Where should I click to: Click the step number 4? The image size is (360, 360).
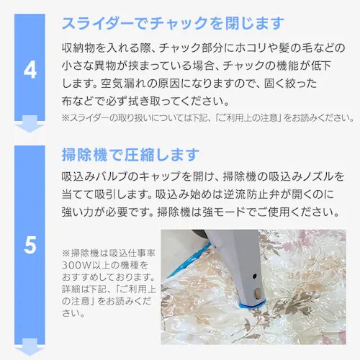pos(30,71)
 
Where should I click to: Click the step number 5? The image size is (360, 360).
pos(30,246)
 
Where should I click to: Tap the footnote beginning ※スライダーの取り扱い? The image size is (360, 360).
pos(207,117)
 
